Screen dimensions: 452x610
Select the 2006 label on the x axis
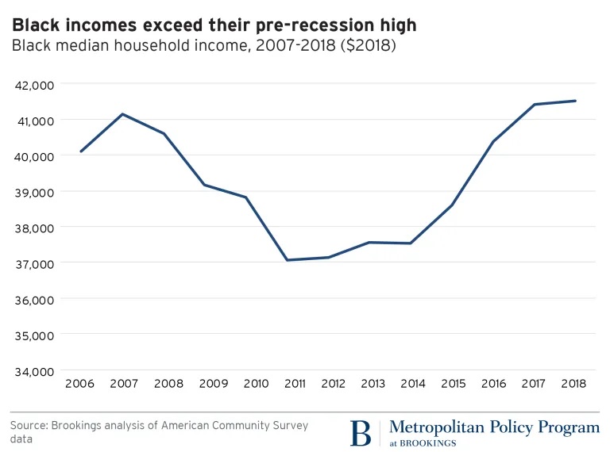click(x=80, y=384)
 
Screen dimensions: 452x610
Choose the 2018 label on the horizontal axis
click(x=573, y=384)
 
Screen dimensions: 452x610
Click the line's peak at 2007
click(x=122, y=114)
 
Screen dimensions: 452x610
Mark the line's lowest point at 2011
click(x=288, y=260)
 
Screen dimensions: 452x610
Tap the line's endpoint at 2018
click(x=575, y=101)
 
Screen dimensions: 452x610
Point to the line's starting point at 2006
click(x=80, y=151)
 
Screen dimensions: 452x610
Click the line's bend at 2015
click(x=452, y=205)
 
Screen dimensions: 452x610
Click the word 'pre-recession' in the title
click(x=282, y=25)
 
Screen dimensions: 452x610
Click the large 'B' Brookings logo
click(x=361, y=433)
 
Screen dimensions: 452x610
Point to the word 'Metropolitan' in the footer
click(x=434, y=427)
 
